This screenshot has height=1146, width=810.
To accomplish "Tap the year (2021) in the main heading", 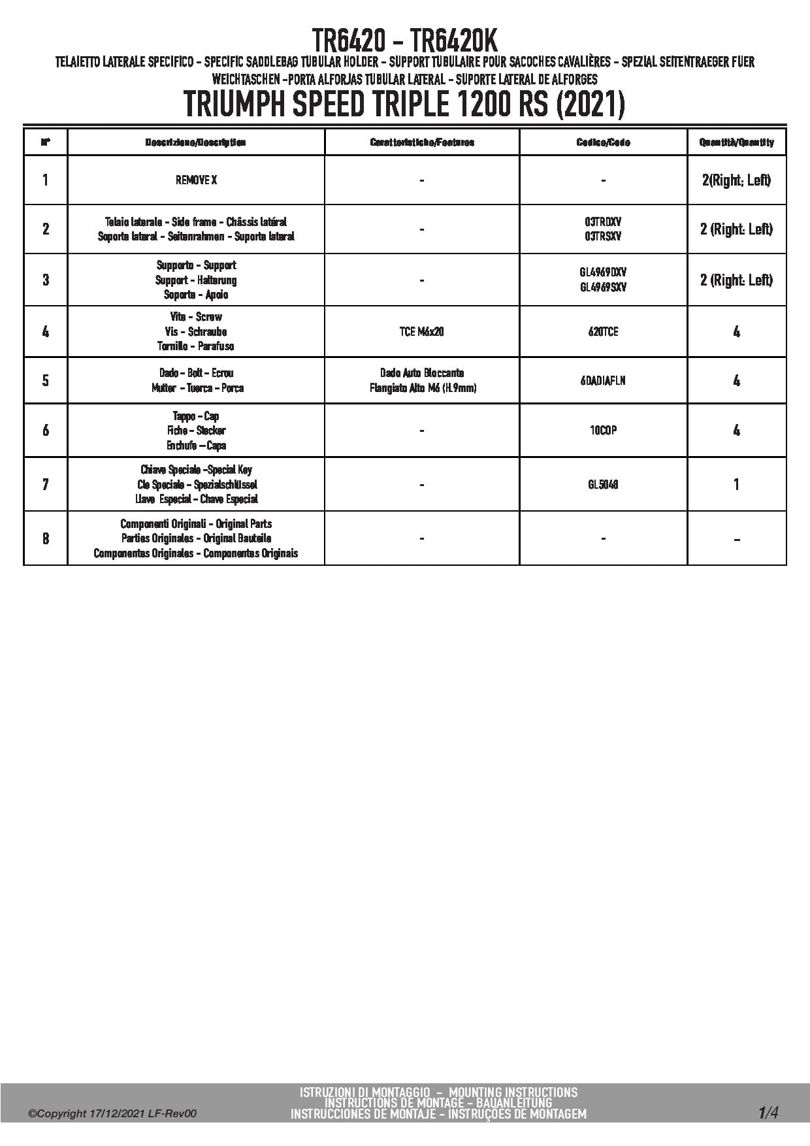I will (590, 105).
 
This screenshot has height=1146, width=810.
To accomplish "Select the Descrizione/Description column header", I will (196, 142).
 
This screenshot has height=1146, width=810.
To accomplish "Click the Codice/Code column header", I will (603, 142).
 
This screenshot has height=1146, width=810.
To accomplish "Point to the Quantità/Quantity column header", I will (736, 142).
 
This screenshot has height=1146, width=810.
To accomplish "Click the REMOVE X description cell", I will (196, 180).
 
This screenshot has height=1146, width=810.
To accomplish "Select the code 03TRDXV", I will (603, 222).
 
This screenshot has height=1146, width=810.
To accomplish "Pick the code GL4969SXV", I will (603, 287).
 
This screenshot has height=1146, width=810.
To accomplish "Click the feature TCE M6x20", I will (421, 332).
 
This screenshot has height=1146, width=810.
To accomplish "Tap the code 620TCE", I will (603, 332).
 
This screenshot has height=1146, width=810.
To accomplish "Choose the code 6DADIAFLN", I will (603, 381).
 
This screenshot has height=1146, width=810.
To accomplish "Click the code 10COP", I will (603, 431).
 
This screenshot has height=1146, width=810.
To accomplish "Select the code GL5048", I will (603, 485).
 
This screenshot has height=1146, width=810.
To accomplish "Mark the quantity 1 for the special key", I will (736, 485).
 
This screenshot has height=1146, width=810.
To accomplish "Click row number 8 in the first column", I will (45, 539).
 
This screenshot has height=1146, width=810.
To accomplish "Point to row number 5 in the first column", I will (45, 381).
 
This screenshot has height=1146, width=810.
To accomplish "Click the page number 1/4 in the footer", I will (768, 1112).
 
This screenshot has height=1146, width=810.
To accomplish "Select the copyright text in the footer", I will (112, 1114).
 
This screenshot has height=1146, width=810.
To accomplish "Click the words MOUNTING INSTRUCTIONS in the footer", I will (513, 1092).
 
